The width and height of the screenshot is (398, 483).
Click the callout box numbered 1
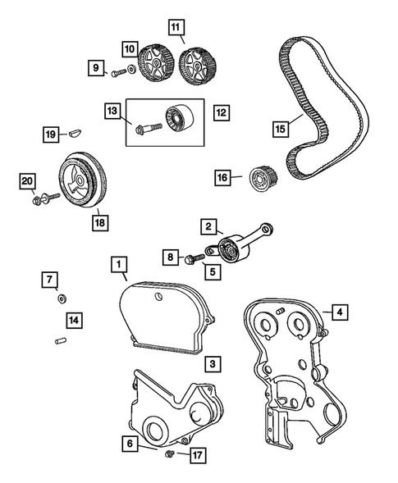(x=120, y=264)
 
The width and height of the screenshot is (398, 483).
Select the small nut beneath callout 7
(x=60, y=298)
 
